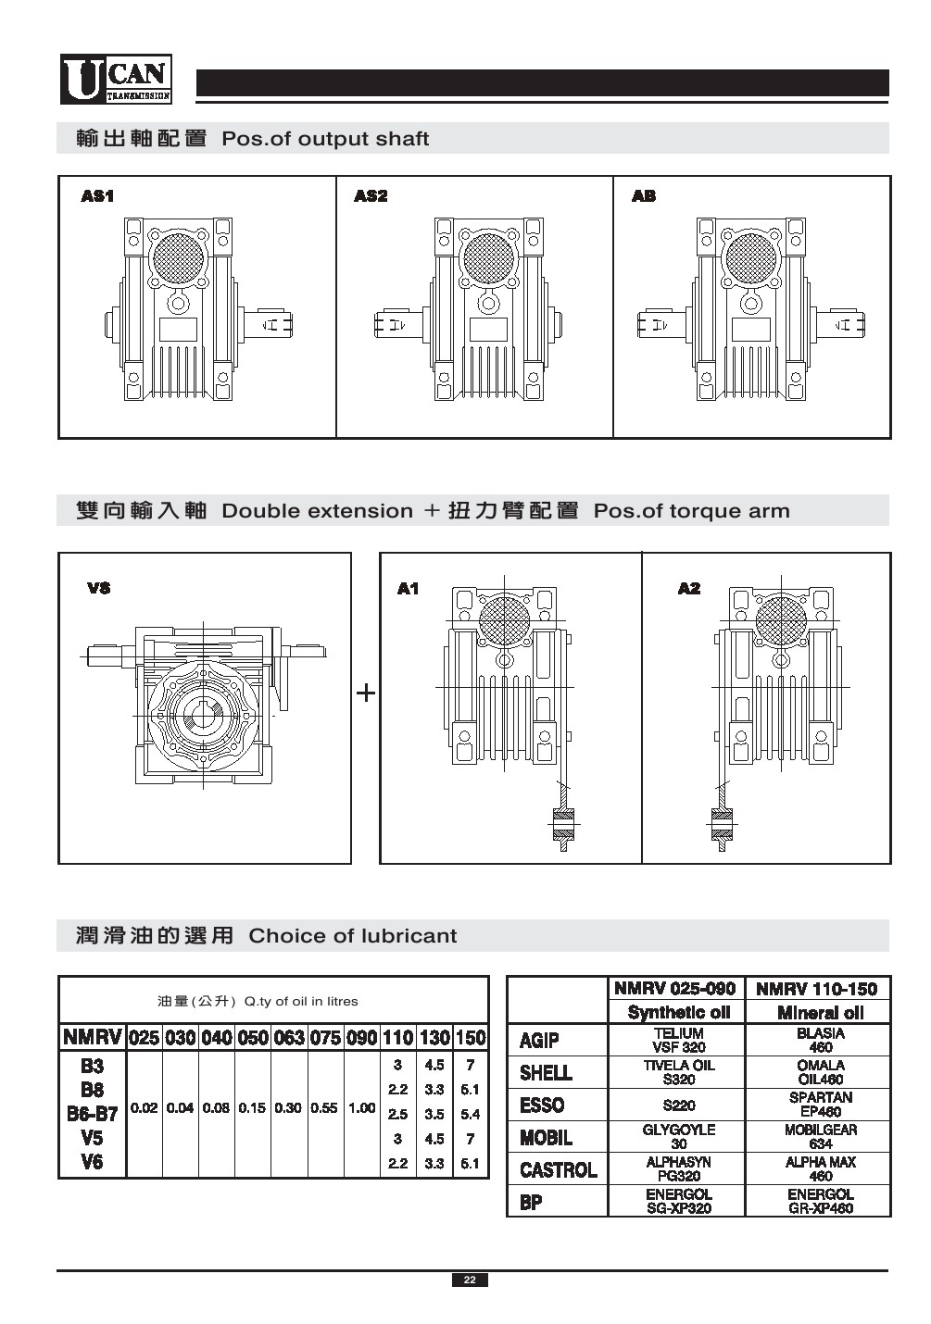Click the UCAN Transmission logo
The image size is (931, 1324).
116,80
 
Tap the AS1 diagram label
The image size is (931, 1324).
97,196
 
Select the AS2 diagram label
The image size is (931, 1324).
371,196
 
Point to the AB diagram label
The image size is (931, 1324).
644,196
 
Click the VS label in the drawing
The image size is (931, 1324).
98,588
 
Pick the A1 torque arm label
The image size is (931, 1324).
408,589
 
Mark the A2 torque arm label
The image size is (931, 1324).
689,589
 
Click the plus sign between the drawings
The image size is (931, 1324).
366,693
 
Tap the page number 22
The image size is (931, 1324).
470,1280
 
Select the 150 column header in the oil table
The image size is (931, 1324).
471,1038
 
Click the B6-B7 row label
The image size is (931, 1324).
92,1114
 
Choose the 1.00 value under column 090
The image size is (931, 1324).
361,1108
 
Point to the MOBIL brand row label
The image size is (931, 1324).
546,1137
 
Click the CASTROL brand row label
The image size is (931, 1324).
558,1170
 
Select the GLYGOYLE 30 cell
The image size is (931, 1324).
678,1137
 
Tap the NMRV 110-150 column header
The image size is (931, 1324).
820,989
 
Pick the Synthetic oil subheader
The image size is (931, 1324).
678,1013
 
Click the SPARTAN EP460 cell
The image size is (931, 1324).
820,1105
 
